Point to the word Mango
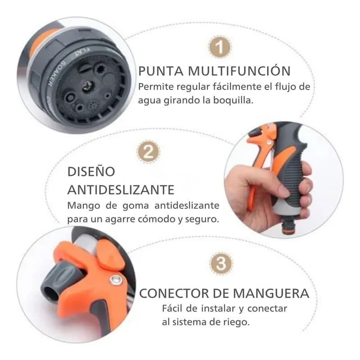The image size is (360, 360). [81, 206]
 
